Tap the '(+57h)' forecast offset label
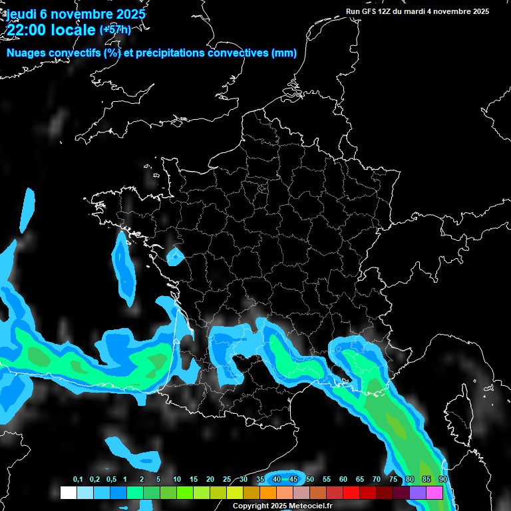point(115,29)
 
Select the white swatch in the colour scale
point(68,492)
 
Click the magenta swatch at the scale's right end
point(434,492)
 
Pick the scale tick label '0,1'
point(78,480)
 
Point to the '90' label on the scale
point(442,480)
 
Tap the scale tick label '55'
point(327,480)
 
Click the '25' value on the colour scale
point(227,480)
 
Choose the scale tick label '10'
point(176,480)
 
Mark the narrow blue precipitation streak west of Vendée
point(123,263)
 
